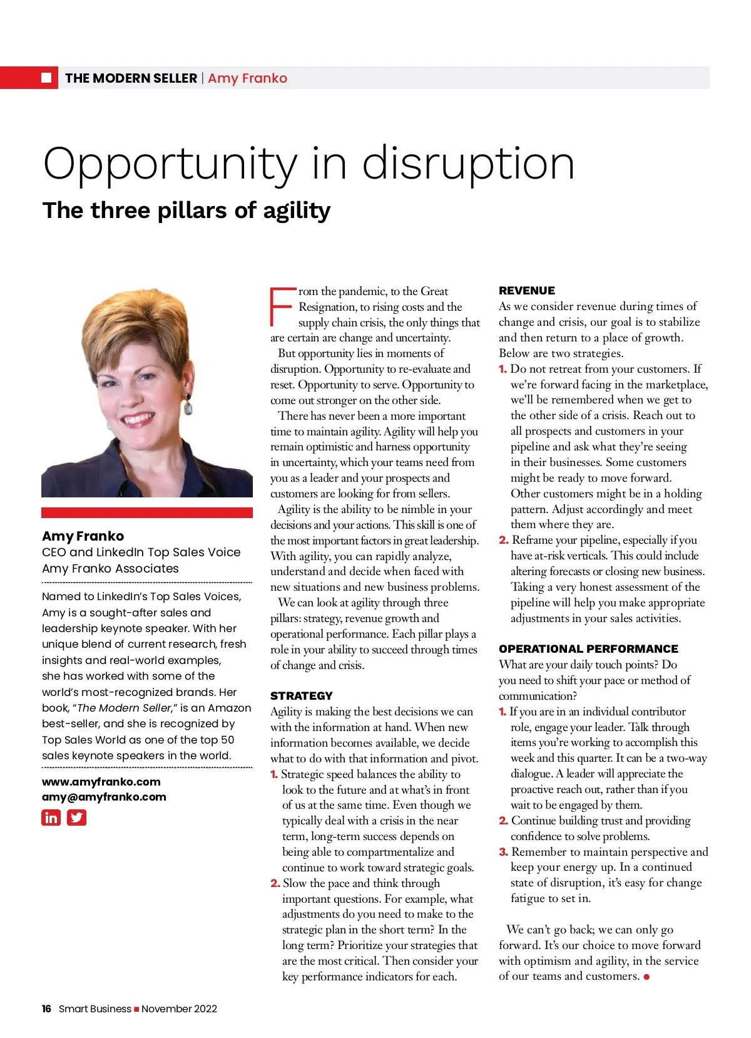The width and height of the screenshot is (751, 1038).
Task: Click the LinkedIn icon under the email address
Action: pos(51,817)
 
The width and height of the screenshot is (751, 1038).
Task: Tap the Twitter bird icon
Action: pos(76,817)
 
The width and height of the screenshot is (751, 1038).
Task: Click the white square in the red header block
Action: pos(46,78)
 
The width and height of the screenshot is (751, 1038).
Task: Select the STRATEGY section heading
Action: pos(301,695)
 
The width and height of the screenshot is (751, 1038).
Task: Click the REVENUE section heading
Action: pos(526,291)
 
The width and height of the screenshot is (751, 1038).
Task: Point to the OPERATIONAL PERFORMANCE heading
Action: pos(588,649)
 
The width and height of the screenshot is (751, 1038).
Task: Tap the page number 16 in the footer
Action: pos(46,1009)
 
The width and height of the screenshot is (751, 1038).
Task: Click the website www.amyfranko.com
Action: pos(101,782)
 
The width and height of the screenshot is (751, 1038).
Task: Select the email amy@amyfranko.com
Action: pos(104,797)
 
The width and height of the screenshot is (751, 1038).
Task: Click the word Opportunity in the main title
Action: pos(170,164)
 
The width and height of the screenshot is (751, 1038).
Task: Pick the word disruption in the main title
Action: pos(467,164)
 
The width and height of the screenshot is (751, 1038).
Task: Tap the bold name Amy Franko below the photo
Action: pos(83,536)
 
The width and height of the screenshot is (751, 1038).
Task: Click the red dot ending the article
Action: pos(646,977)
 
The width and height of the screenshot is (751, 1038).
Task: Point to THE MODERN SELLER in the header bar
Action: pos(131,78)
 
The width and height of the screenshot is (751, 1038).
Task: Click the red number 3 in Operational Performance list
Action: pos(503,852)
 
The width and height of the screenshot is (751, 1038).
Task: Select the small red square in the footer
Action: pos(136,1009)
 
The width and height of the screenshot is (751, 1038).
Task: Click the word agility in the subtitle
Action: pos(297,211)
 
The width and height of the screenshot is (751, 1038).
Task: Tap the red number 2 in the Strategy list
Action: pos(275,883)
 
